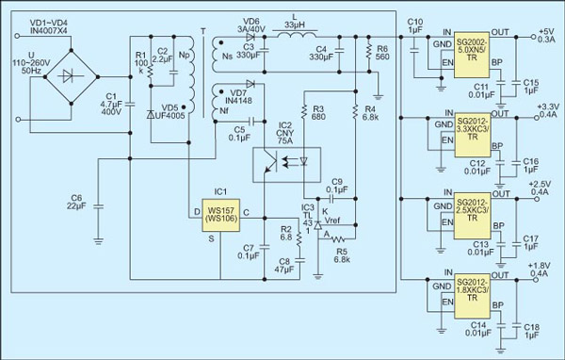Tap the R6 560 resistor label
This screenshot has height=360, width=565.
pyautogui.click(x=382, y=52)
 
